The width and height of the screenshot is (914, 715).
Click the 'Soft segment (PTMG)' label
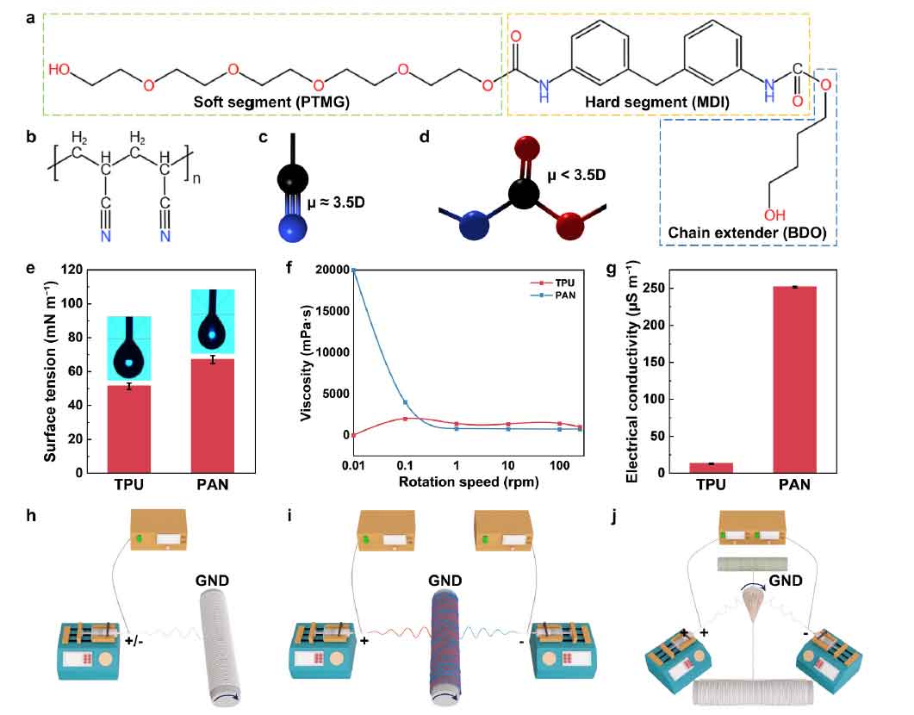tap(271, 102)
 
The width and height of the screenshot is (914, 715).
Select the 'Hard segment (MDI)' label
tap(657, 103)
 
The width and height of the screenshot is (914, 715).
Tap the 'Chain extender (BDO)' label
tap(747, 233)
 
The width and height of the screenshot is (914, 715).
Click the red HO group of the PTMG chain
tap(59, 69)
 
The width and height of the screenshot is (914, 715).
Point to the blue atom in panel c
tap(293, 227)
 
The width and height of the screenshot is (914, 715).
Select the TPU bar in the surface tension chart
tap(129, 429)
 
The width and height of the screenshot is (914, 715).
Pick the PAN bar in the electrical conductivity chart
tap(794, 379)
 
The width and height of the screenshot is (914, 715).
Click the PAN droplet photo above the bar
tap(213, 321)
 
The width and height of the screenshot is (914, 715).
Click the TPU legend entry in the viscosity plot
tap(552, 283)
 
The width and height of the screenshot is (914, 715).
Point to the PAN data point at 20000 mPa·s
tap(353, 270)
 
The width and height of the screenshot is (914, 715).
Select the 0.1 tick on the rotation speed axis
tap(405, 465)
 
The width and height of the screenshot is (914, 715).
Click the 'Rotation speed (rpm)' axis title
tap(469, 482)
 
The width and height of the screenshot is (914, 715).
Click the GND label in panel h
tap(212, 581)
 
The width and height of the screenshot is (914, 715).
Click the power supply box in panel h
tap(159, 529)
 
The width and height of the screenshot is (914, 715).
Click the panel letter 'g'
tap(612, 270)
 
